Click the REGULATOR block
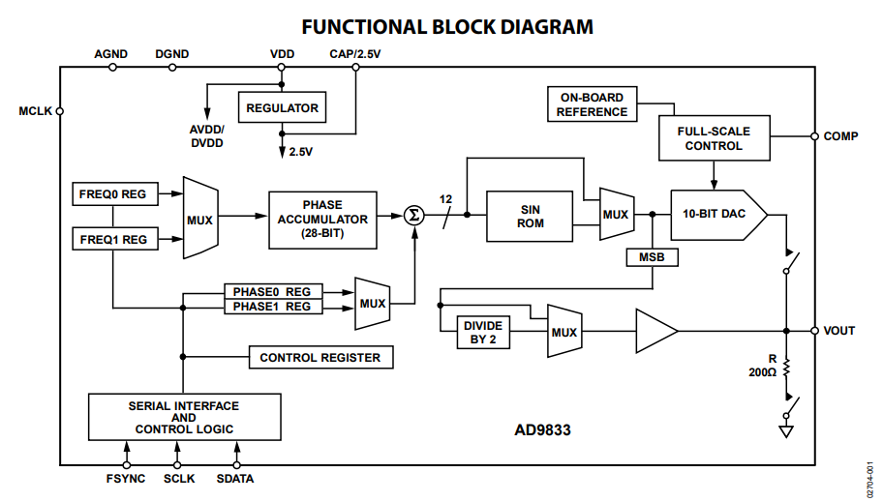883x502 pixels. click(x=282, y=107)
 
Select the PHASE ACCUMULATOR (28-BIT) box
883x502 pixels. click(x=322, y=220)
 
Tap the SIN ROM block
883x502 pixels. click(x=530, y=217)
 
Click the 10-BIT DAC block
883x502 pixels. click(x=718, y=215)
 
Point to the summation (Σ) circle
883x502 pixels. click(x=414, y=215)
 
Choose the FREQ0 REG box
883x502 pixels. click(x=115, y=194)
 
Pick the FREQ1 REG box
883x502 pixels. click(x=115, y=239)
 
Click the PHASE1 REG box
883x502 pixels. click(x=274, y=307)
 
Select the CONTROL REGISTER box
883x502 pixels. click(x=321, y=357)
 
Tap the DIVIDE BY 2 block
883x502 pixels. click(x=483, y=332)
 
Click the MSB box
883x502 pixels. click(x=653, y=257)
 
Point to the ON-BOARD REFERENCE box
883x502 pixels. click(x=592, y=104)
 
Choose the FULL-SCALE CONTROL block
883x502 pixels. click(x=715, y=138)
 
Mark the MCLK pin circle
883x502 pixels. click(x=60, y=111)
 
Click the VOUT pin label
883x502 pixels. click(x=839, y=331)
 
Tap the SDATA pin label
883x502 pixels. click(x=235, y=479)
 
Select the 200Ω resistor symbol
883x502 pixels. click(x=787, y=369)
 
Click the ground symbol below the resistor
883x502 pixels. click(x=786, y=431)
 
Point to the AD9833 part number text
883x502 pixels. click(x=542, y=430)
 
